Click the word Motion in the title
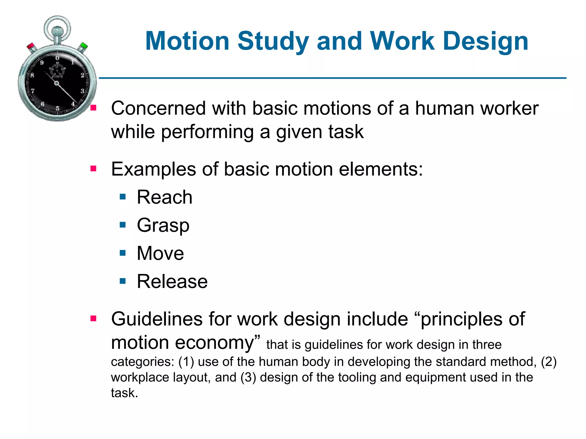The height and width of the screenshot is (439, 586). coord(187,41)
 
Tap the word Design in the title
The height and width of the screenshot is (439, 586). coord(485,42)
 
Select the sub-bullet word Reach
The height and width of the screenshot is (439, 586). coord(165,197)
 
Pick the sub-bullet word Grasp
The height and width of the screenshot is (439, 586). coord(163,226)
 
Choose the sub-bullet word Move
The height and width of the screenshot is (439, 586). coord(160,253)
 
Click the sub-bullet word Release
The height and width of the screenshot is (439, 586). coord(172,282)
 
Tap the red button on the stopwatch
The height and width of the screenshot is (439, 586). coord(31,47)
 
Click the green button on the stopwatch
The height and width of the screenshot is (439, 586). coord(84,46)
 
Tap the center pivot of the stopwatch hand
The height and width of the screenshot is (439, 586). coord(57,83)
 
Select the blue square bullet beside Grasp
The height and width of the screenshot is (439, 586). coord(123,225)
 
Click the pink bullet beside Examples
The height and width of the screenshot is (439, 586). coord(93,169)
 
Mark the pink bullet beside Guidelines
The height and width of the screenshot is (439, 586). coord(93,318)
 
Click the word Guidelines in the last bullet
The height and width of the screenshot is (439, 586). coord(157,319)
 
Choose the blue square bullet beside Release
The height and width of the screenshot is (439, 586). coord(123,281)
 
